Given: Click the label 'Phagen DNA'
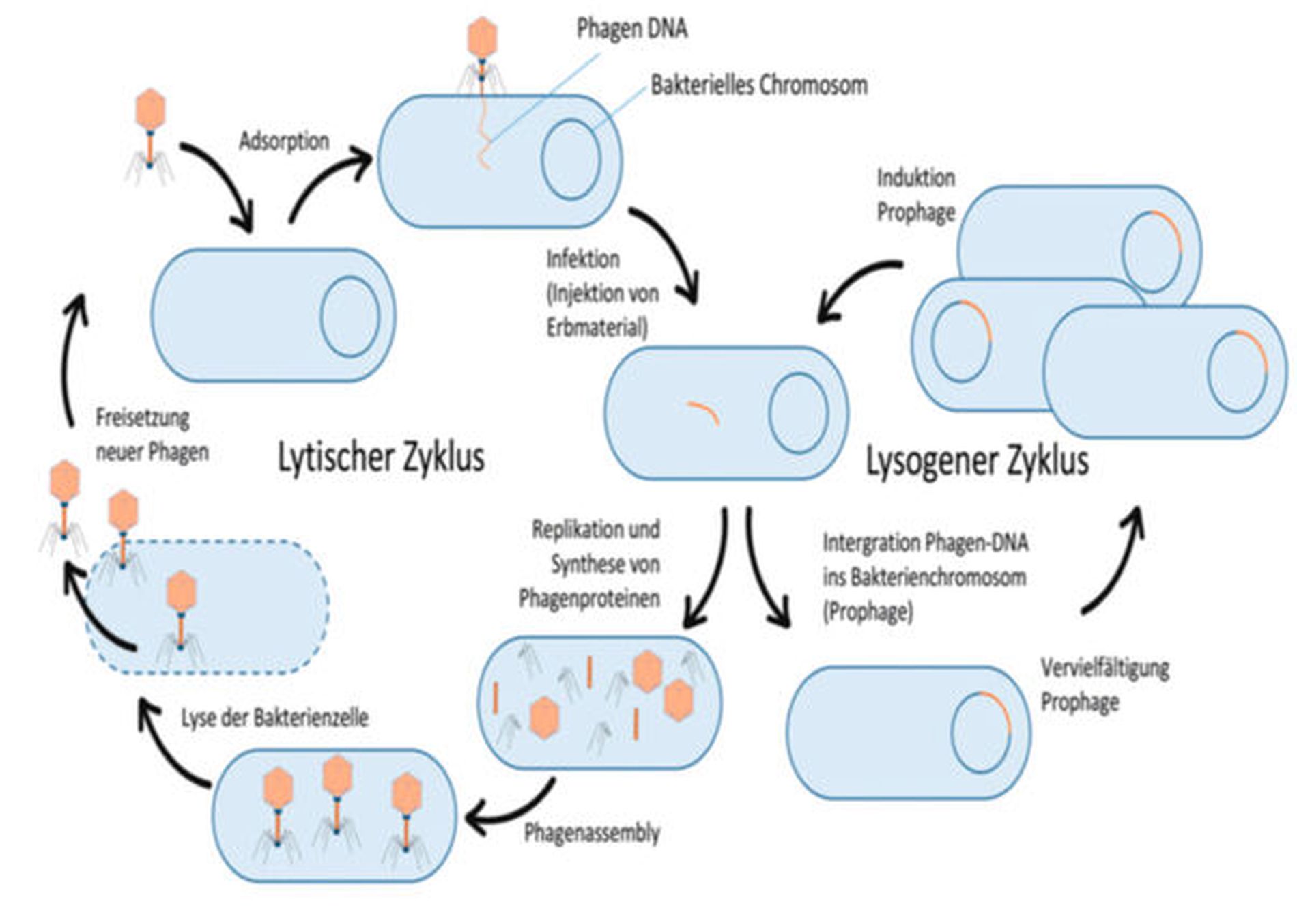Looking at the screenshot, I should (x=631, y=29).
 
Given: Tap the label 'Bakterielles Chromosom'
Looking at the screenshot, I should (x=758, y=85).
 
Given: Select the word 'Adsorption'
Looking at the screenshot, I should (x=284, y=141).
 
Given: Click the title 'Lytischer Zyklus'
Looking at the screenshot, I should (x=381, y=457).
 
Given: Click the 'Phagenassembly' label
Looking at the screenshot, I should (x=592, y=832).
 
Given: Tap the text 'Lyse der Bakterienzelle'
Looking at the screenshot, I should (x=274, y=718).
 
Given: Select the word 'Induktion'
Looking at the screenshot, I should (x=915, y=178).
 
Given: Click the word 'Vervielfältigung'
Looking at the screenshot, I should (x=1104, y=667).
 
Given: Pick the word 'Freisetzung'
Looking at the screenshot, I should (x=142, y=417).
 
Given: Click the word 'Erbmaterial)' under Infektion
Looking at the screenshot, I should (x=597, y=328).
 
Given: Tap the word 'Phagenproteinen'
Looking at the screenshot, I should (x=589, y=598).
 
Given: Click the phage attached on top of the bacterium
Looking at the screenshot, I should (x=481, y=55).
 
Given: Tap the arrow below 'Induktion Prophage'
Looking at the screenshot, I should (x=860, y=287).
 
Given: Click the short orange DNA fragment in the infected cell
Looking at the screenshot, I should (x=704, y=412).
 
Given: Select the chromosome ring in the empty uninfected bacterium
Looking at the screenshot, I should (x=350, y=316).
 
